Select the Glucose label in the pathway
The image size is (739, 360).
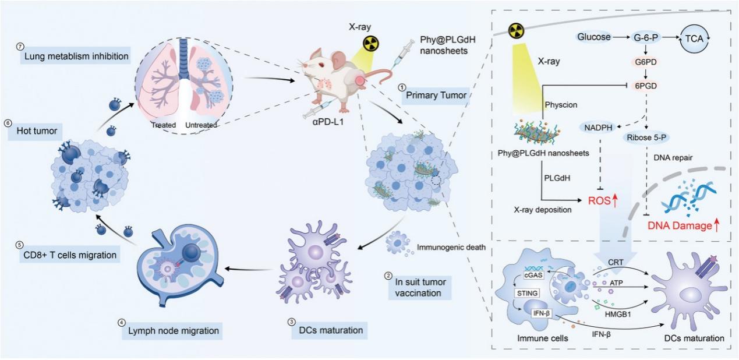point(594,37)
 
